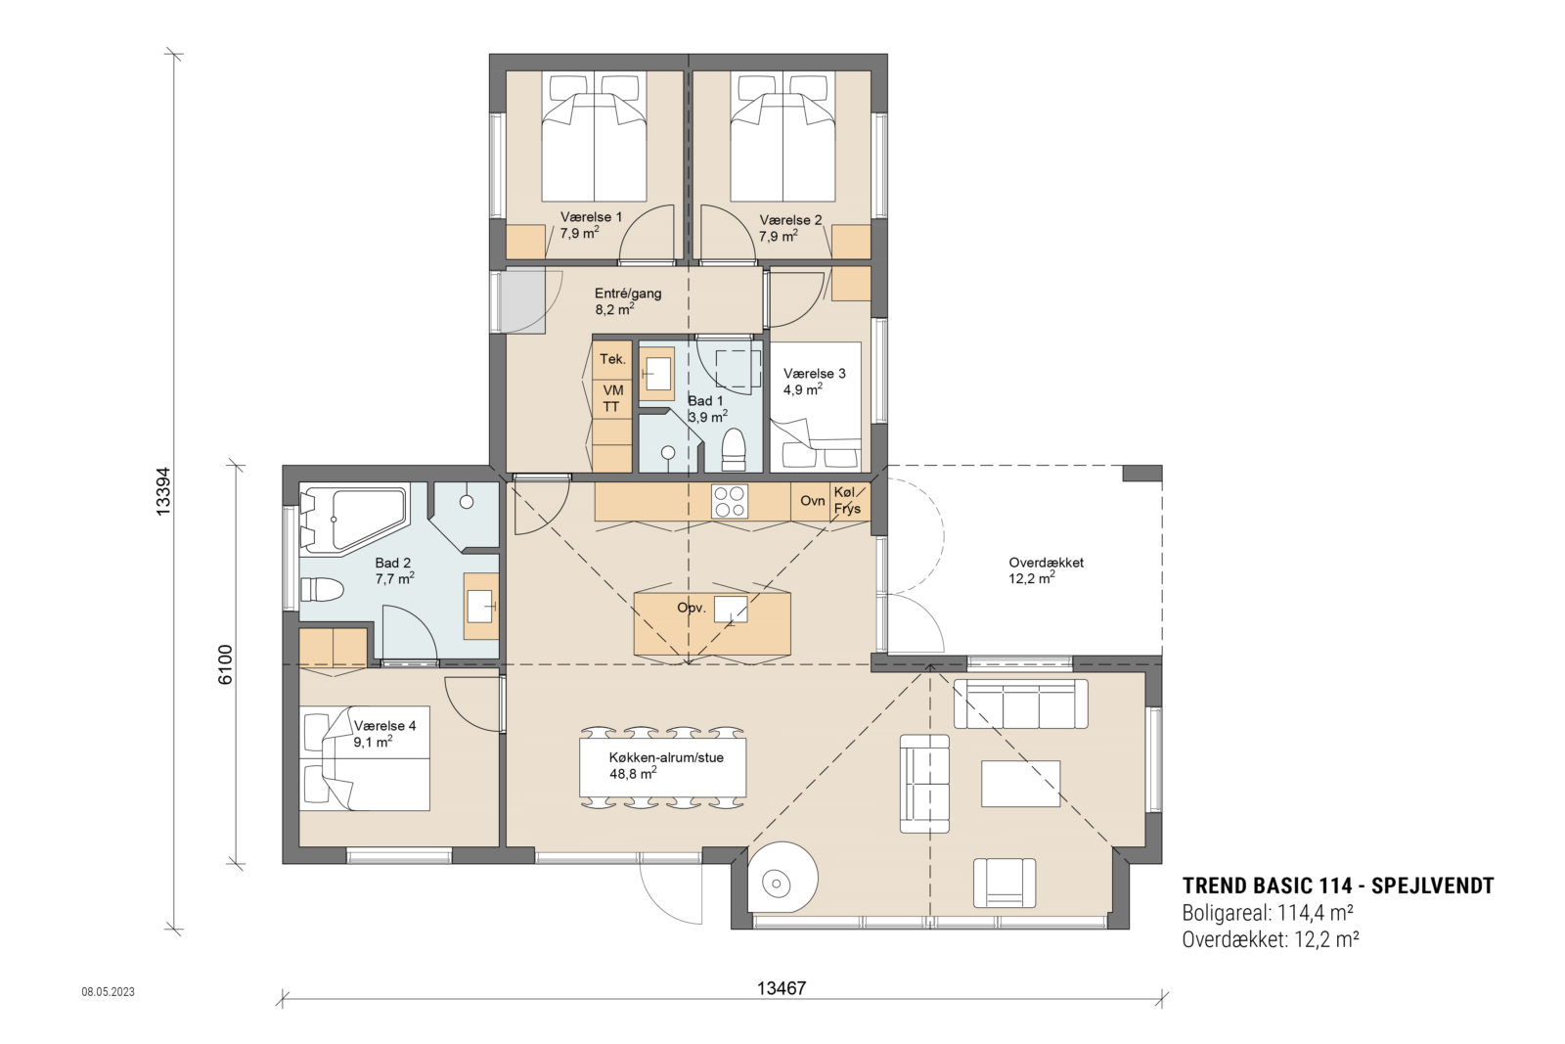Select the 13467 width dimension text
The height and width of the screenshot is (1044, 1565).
(x=782, y=988)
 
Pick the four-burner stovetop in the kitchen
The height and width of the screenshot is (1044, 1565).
(x=729, y=501)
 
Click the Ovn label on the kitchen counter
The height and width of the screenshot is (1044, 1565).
(x=812, y=501)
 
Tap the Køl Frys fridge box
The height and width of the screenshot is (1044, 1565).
(x=847, y=501)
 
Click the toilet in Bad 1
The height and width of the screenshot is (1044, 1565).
(x=734, y=451)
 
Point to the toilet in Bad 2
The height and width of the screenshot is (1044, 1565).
(x=322, y=590)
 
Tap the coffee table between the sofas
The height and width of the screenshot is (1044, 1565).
(x=1020, y=784)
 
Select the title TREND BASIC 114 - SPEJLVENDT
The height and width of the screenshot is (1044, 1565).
(x=1337, y=886)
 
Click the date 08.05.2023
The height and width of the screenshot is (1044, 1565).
(x=108, y=991)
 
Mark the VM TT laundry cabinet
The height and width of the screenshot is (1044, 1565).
(x=612, y=398)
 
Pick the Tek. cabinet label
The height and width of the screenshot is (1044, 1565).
(x=612, y=359)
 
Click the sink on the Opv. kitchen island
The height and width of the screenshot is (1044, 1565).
(x=730, y=609)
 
